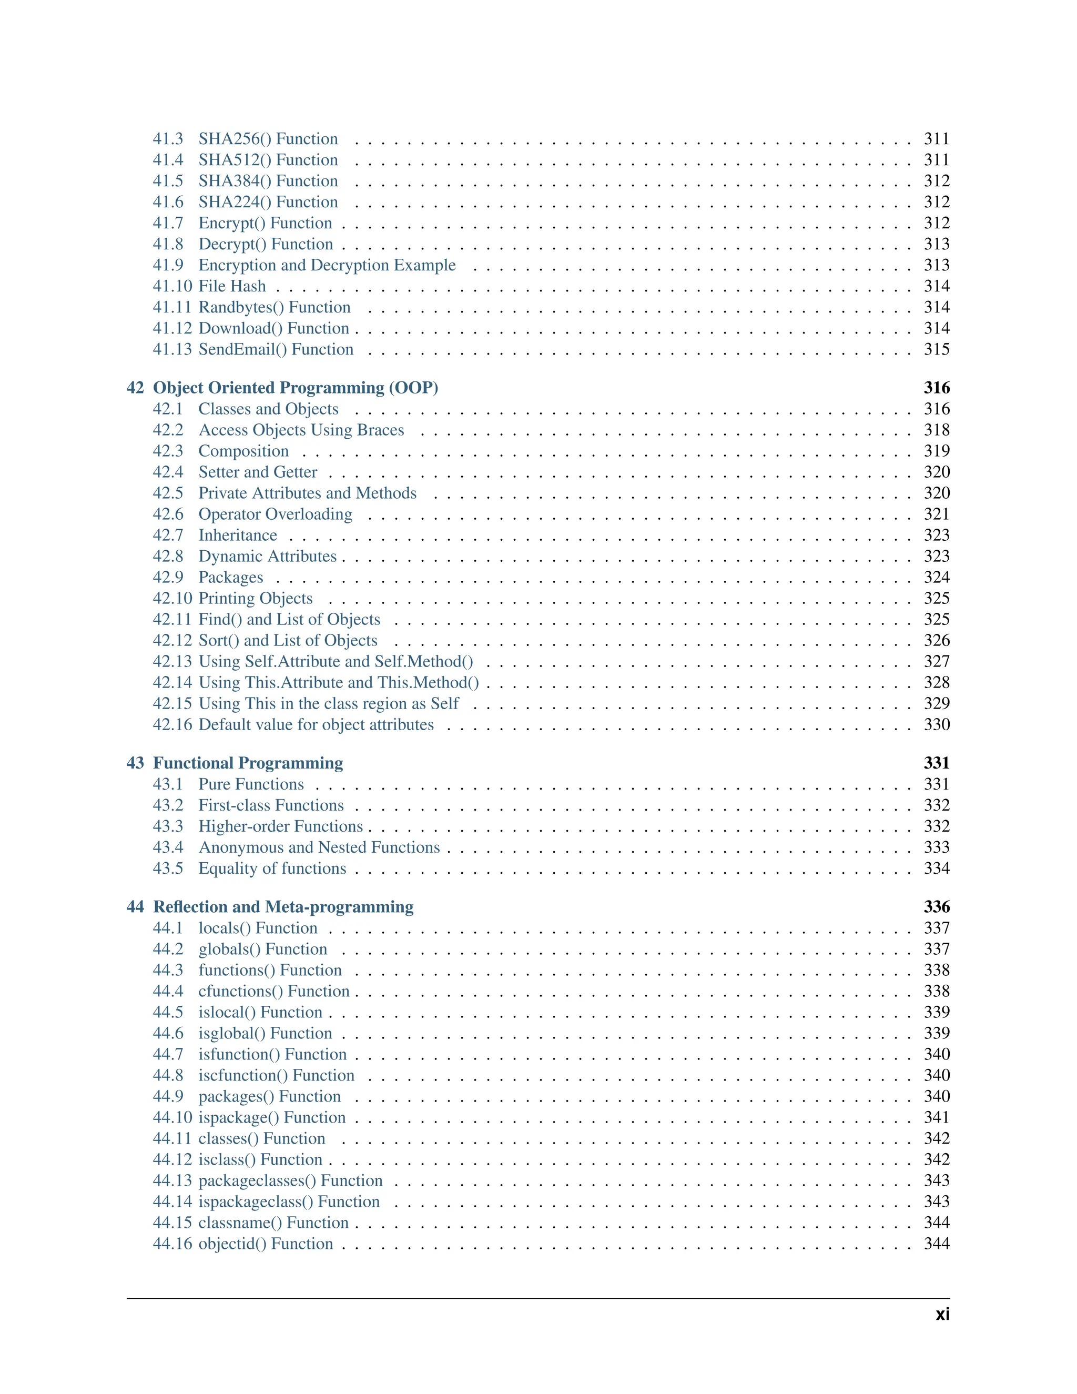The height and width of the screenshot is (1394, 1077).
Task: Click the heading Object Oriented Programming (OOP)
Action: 296,388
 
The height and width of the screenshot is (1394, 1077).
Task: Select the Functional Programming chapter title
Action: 248,763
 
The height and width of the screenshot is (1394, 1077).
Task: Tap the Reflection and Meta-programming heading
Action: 283,906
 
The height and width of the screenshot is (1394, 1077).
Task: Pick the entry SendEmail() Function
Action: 276,349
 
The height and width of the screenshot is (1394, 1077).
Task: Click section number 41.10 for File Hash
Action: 171,286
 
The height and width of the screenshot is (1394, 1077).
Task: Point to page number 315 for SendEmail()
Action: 936,349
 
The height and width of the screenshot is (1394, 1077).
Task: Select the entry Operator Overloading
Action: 275,514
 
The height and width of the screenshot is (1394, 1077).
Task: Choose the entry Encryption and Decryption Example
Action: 327,265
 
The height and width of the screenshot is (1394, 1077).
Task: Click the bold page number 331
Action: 936,763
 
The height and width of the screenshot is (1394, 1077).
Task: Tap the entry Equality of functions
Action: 272,868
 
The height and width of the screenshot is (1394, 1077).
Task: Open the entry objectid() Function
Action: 266,1244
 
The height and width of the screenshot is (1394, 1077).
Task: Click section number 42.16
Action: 171,724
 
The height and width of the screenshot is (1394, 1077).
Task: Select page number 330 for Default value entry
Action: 936,724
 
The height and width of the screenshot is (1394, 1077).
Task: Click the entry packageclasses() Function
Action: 290,1180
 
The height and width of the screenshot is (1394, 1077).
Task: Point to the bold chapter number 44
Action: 135,906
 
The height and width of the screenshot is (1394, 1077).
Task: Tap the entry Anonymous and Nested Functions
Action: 319,847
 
